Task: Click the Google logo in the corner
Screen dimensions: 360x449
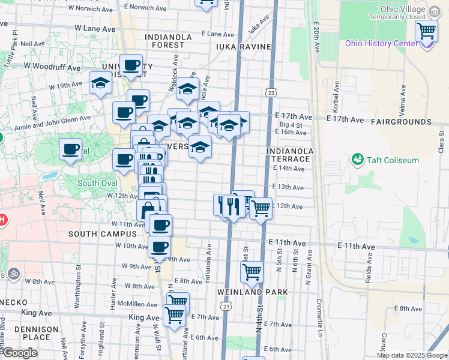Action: (x=19, y=353)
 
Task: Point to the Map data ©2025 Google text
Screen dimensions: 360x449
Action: (x=412, y=355)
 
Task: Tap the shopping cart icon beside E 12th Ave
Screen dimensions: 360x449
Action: (x=261, y=209)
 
